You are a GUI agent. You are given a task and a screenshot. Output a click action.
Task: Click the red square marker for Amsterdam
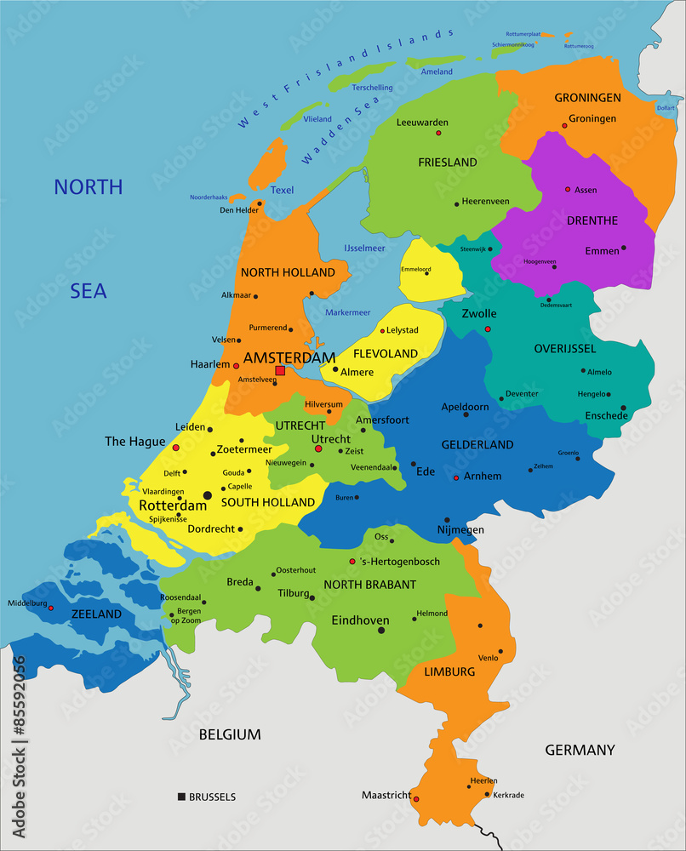280,370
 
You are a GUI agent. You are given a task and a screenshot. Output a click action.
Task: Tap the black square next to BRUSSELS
181,797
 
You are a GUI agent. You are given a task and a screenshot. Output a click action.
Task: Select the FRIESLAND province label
447,162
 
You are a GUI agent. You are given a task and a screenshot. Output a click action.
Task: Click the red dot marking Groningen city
563,126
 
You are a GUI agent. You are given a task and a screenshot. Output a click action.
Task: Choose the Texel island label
282,190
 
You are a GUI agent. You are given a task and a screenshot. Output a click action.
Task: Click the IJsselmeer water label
364,248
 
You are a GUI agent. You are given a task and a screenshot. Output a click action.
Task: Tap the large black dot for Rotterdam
207,494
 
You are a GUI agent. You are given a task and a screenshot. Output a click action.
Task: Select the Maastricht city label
385,795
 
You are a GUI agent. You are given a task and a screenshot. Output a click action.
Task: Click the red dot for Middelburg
51,608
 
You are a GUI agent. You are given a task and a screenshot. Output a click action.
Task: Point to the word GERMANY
580,750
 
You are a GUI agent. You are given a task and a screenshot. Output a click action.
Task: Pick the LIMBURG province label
449,671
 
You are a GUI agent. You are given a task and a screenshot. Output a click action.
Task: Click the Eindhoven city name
360,620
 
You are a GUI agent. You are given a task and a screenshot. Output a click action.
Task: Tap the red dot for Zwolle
488,328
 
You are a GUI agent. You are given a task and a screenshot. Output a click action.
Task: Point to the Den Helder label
238,210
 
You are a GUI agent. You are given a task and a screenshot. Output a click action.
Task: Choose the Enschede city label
605,415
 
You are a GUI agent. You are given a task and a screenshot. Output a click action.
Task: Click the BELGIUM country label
230,734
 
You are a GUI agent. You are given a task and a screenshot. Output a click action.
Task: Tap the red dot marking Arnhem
456,477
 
